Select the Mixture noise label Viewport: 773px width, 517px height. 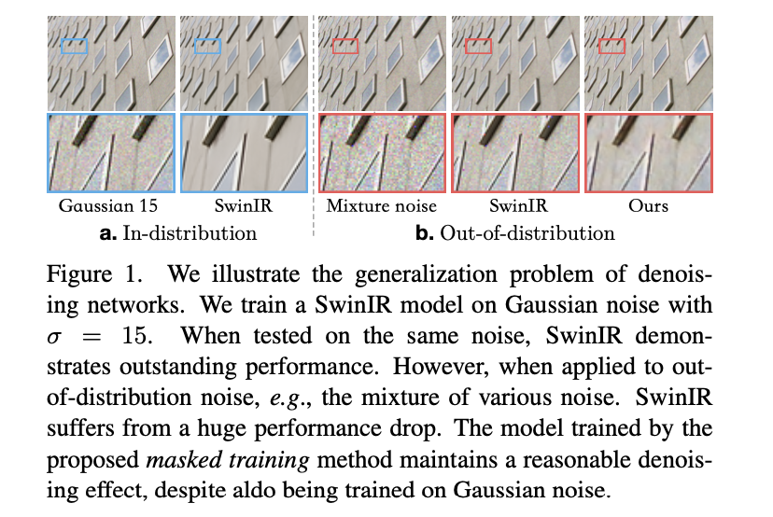[x=382, y=205]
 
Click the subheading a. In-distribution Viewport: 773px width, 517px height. [x=178, y=232]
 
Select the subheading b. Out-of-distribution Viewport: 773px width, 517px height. [x=515, y=232]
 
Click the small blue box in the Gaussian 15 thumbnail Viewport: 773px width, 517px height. [x=75, y=46]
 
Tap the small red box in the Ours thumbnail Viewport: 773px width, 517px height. [x=611, y=46]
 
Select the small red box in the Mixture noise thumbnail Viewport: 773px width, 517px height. [x=344, y=46]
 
